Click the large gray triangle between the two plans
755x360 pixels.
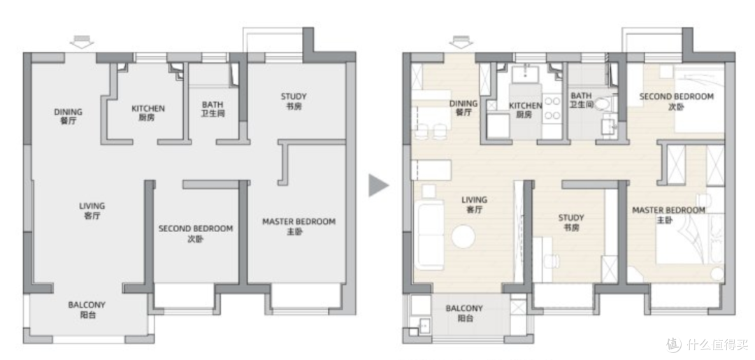pos(377,185)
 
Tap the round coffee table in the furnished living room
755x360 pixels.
pos(463,237)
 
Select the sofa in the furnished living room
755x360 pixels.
pos(430,236)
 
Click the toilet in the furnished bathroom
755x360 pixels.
pos(603,104)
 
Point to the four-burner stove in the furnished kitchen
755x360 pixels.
pos(552,108)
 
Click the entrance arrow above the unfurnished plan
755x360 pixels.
pos(81,43)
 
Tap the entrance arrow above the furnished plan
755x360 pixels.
pos(461,43)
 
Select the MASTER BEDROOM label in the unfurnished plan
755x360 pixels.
pos(299,226)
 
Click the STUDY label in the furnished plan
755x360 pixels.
pos(571,222)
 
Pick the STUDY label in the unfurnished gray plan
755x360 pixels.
pos(294,101)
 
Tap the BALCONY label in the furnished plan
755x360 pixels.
pos(463,313)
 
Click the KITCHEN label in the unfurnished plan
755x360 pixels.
pos(148,113)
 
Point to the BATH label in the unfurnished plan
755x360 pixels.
pos(213,109)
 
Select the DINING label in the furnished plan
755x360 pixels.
pos(463,108)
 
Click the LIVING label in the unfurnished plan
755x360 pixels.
pos(92,211)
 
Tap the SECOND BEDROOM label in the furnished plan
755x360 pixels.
pos(677,101)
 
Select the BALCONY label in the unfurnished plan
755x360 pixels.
pos(87,310)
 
